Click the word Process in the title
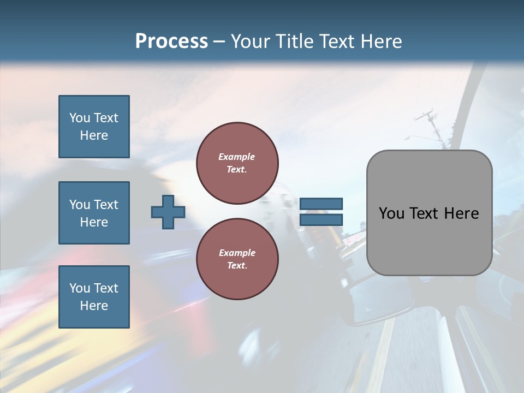(171, 41)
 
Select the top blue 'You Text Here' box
(94, 127)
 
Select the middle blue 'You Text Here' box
(94, 213)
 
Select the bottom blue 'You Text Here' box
(94, 297)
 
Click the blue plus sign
(168, 212)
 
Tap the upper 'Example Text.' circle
(237, 163)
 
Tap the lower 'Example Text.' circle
(237, 259)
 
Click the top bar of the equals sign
(321, 204)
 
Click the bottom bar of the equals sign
(321, 219)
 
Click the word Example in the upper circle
(237, 157)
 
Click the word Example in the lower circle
(237, 253)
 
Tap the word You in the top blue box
(79, 118)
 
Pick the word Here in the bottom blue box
(94, 306)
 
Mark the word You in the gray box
(392, 213)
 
